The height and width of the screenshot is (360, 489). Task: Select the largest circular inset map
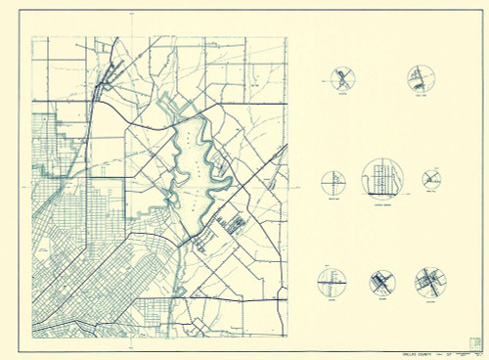(382, 178)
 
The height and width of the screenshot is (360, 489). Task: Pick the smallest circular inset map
(432, 178)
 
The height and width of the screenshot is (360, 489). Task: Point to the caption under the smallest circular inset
(432, 193)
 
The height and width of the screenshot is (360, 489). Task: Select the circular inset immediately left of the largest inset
(333, 182)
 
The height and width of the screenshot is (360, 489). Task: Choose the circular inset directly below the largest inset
(382, 283)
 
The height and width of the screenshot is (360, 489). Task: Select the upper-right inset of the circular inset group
(421, 78)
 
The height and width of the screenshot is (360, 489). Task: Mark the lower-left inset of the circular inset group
(332, 282)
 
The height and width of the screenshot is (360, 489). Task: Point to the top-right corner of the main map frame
(289, 37)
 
